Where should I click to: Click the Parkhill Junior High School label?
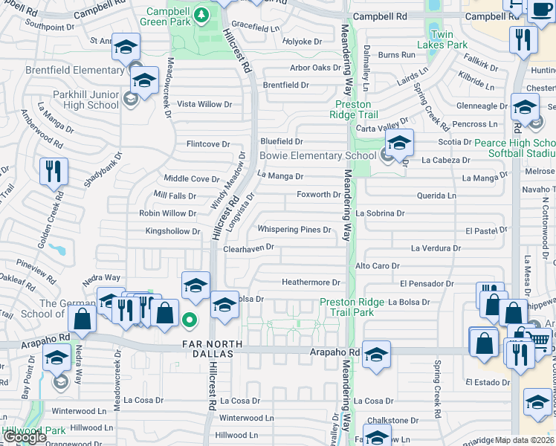[x=72, y=100]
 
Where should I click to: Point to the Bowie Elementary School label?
[x=317, y=156]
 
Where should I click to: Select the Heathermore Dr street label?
[x=310, y=282]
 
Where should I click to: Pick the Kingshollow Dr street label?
[x=172, y=232]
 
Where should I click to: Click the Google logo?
[x=25, y=437]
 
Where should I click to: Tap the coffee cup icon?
[x=539, y=10]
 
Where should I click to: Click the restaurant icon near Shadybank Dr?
[x=54, y=172]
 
